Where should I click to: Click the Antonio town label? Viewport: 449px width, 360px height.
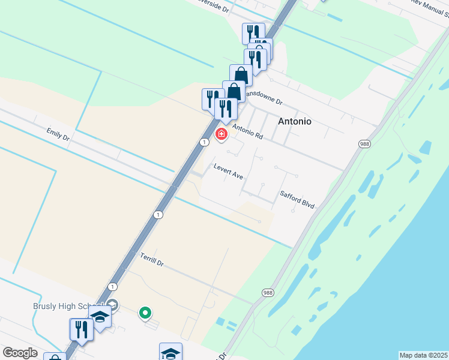point(295,121)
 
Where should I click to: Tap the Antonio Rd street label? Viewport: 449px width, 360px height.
point(247,131)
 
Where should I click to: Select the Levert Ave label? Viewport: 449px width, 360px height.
point(228,172)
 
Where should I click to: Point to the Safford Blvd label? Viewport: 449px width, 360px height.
point(297,199)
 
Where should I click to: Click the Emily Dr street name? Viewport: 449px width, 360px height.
point(58,134)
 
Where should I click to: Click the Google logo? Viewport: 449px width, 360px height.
point(20,353)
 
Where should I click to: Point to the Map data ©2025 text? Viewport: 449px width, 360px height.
point(423,355)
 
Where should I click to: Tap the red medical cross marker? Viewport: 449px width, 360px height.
point(221,134)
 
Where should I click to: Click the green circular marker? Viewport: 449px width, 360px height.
point(145,313)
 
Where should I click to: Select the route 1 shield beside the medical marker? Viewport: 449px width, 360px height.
point(205,142)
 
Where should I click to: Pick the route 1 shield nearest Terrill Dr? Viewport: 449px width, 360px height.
point(112,287)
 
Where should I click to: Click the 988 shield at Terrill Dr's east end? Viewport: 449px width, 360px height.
point(268,292)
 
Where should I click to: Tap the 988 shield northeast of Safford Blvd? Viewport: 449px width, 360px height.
point(364,144)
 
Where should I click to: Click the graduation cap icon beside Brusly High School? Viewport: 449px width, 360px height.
point(100,317)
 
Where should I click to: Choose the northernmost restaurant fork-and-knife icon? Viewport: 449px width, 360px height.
point(253,32)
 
